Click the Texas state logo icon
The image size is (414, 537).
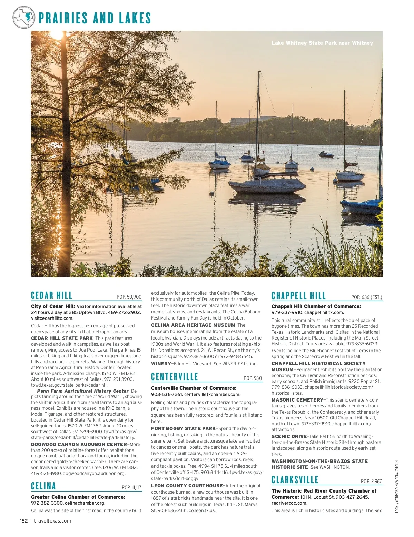point(24,18)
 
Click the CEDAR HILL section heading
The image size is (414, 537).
point(52,296)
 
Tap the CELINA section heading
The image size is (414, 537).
point(43,486)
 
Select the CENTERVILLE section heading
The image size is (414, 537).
point(175,377)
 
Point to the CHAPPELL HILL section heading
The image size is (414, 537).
point(298,296)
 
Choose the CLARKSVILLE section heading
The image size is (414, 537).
point(295,480)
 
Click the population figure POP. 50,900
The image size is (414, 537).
point(129,297)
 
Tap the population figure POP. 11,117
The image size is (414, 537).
point(131,488)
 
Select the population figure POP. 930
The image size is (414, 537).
point(253,378)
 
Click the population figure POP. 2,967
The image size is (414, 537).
point(371,482)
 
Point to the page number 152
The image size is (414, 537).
point(23,521)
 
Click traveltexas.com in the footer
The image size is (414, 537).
point(53,521)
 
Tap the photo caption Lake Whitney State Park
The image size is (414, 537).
point(322,43)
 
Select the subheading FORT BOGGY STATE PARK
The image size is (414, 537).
point(183,428)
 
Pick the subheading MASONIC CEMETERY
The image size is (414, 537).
point(297,400)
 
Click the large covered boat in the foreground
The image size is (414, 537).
point(267,185)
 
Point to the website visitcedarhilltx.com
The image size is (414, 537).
point(52,318)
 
